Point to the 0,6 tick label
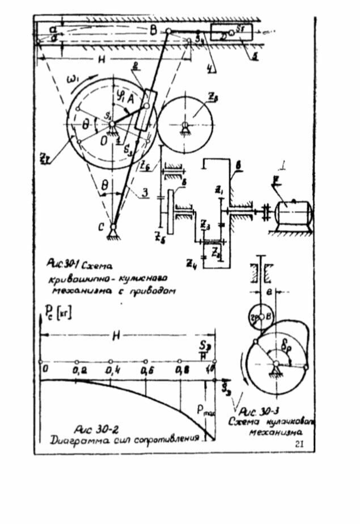[x=146, y=370]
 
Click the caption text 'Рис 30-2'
[x=91, y=428]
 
